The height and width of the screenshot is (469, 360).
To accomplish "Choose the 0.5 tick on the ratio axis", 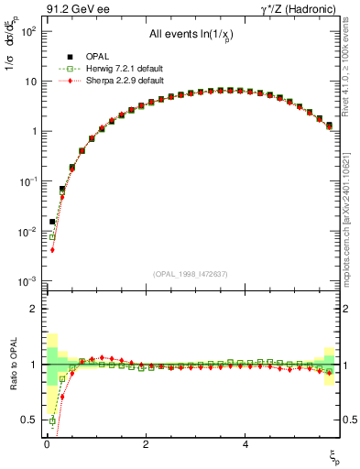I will [x=31, y=420].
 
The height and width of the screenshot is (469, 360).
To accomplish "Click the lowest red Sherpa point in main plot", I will [x=52, y=249].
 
